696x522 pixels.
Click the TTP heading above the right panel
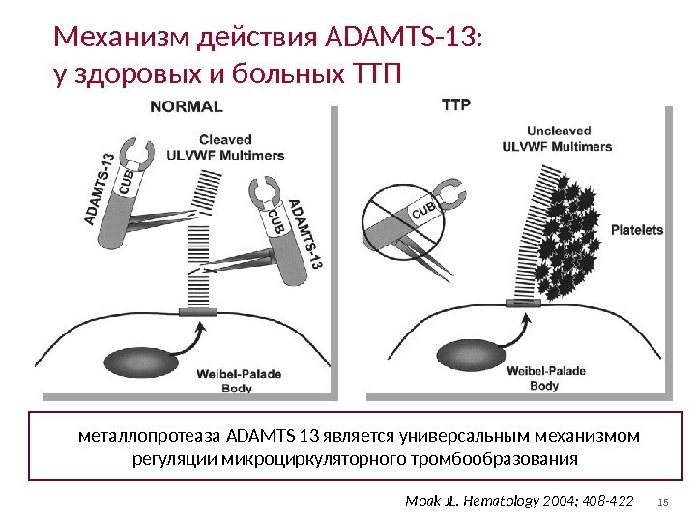pos(455,103)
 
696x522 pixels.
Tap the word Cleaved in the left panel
pos(225,139)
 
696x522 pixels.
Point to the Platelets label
pos(637,230)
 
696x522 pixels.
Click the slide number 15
pos(663,501)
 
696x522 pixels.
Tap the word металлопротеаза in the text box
pos(147,436)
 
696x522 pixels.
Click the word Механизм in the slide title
pos(123,38)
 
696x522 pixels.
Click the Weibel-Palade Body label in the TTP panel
pos(544,378)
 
